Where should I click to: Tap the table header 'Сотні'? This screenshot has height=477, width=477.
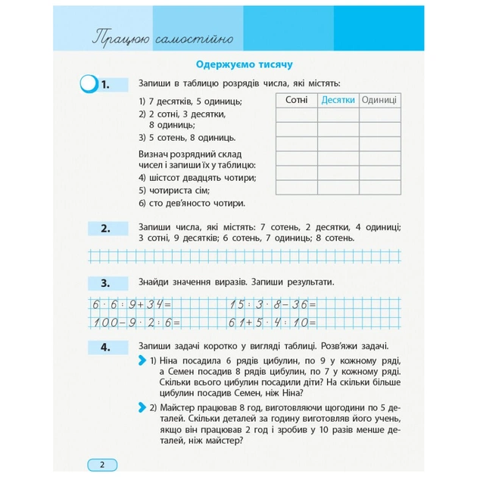pyautogui.click(x=296, y=101)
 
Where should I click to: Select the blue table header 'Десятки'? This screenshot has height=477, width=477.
pyautogui.click(x=338, y=101)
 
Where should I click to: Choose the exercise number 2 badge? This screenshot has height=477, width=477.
pyautogui.click(x=105, y=227)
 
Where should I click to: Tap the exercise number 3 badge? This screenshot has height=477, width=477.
pyautogui.click(x=105, y=283)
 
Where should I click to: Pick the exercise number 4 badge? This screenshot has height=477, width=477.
pyautogui.click(x=105, y=348)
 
